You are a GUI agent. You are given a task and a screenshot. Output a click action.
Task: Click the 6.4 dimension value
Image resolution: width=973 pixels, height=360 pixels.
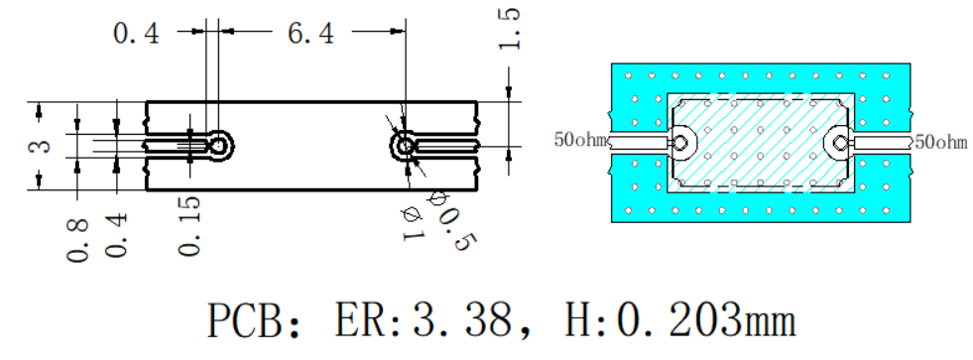click(310, 33)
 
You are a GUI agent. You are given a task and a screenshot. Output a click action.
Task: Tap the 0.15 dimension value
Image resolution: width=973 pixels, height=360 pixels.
click(189, 226)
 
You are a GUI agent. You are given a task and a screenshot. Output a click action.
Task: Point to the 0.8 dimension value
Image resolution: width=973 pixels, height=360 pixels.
click(78, 240)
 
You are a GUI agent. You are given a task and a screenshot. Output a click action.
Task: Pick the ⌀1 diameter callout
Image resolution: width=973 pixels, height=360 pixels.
click(413, 225)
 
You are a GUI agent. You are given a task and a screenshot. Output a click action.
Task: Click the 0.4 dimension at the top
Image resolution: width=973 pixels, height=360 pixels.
click(136, 33)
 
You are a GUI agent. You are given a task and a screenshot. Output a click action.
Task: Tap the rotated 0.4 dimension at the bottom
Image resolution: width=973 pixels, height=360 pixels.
click(117, 236)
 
